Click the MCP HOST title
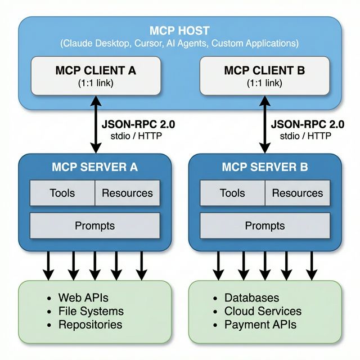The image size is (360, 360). [179, 30]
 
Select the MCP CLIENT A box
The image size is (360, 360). [95, 75]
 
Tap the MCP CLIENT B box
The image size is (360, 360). [264, 75]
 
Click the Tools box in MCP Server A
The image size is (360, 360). [62, 193]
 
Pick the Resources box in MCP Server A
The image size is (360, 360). [127, 193]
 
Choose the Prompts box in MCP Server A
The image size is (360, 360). [94, 226]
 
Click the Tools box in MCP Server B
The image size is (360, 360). [232, 193]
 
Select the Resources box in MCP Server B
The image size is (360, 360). [298, 193]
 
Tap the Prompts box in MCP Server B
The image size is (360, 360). [265, 226]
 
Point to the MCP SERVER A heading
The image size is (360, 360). [94, 167]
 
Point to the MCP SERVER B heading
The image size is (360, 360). [265, 167]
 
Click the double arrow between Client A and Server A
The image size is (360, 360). [95, 124]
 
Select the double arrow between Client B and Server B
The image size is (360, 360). [263, 124]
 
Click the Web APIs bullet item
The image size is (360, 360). [83, 298]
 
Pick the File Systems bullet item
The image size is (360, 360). [91, 311]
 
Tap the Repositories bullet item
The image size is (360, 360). [90, 325]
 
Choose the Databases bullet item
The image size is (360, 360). [251, 298]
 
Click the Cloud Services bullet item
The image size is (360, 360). [263, 311]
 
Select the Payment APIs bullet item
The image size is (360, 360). [260, 325]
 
